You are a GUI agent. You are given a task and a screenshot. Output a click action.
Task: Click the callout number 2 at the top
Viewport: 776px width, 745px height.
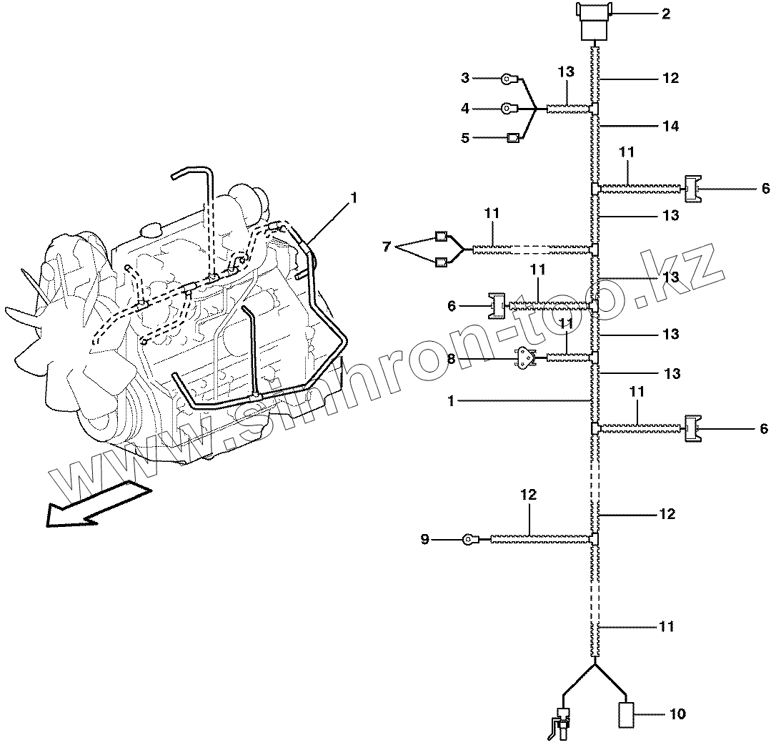[x=665, y=13]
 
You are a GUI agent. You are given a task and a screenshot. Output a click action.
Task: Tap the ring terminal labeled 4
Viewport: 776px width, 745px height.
[x=507, y=109]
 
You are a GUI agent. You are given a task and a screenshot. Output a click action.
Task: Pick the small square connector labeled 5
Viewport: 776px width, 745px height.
[x=512, y=138]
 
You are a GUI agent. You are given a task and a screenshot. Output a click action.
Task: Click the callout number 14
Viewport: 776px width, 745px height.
[x=670, y=127]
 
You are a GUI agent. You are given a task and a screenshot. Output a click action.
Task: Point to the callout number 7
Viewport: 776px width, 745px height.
[x=387, y=247]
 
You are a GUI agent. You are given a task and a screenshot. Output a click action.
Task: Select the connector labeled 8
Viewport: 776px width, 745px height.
[x=527, y=359]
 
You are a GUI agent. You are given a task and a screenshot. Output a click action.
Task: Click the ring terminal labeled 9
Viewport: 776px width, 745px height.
[x=470, y=539]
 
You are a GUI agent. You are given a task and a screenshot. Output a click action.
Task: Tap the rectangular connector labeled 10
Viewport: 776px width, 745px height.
[x=625, y=714]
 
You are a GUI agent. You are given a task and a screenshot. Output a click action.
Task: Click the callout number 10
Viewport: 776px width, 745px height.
[x=677, y=714]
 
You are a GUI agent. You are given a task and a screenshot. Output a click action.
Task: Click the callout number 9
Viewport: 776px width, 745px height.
[x=424, y=540]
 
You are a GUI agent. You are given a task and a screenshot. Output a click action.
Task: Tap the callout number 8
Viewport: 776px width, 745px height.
[x=451, y=360]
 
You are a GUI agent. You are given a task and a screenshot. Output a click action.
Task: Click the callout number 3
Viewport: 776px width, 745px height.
[x=464, y=78]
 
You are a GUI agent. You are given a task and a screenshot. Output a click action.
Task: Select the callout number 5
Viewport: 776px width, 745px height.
[x=464, y=138]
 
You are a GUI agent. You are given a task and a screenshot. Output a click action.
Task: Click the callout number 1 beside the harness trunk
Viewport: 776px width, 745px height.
[x=451, y=401]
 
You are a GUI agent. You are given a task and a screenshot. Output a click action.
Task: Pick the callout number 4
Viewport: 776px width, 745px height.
[x=464, y=109]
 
